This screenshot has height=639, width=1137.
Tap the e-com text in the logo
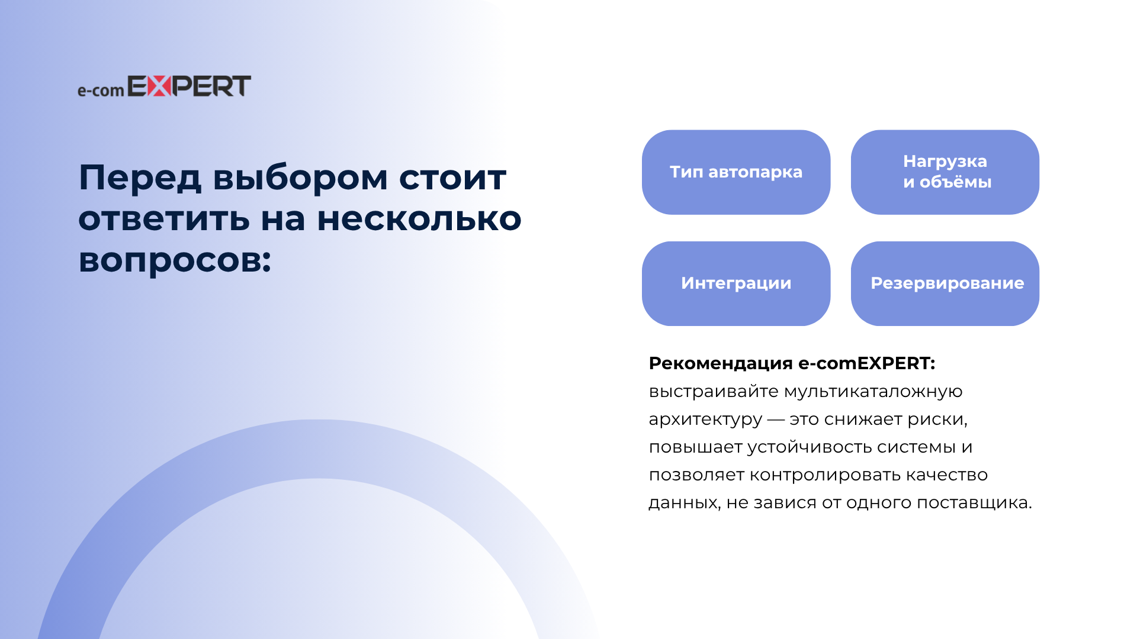101,91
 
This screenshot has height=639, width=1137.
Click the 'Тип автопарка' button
736,172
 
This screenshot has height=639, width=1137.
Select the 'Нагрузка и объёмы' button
945,172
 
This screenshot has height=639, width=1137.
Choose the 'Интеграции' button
736,283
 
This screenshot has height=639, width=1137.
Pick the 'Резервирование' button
945,283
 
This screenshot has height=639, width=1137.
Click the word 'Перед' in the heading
140,178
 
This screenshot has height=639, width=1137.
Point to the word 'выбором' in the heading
300,177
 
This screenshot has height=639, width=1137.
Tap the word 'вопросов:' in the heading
175,261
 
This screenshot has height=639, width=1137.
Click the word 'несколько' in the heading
419,219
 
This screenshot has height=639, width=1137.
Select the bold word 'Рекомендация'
721,363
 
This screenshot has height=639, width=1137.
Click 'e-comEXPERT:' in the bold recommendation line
867,363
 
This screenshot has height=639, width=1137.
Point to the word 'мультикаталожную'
873,392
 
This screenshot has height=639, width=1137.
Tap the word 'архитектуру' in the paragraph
705,420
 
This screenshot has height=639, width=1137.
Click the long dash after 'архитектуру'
776,419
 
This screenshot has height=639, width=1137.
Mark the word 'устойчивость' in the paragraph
810,447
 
